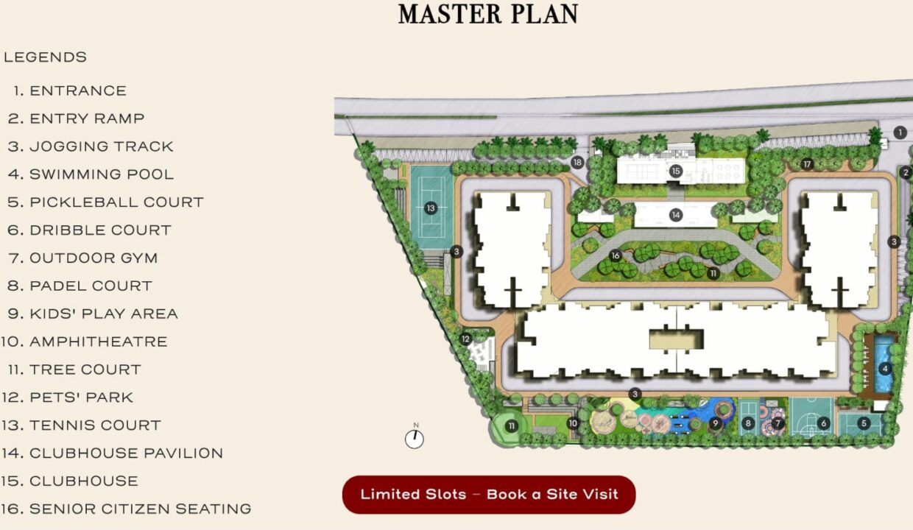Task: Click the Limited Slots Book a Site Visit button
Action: [x=489, y=495]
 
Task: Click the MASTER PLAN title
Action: [x=488, y=14]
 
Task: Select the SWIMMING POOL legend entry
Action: [x=91, y=174]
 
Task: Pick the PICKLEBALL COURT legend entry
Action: [x=105, y=202]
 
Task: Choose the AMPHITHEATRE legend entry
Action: [x=84, y=342]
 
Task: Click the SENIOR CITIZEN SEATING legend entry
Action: [x=126, y=509]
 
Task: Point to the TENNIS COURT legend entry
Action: [x=81, y=425]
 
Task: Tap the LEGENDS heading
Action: [x=45, y=57]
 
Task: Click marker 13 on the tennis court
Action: [x=431, y=208]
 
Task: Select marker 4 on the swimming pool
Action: [x=885, y=369]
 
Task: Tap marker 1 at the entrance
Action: [x=900, y=132]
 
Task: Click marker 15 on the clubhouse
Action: [x=676, y=171]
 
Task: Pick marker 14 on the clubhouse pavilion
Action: [x=676, y=215]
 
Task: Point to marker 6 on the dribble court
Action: [x=823, y=423]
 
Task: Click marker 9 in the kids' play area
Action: [x=715, y=423]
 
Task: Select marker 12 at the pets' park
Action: [x=465, y=339]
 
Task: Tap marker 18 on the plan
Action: [x=577, y=163]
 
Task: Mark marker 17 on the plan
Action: [x=807, y=164]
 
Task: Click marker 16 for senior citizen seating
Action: [x=616, y=255]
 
